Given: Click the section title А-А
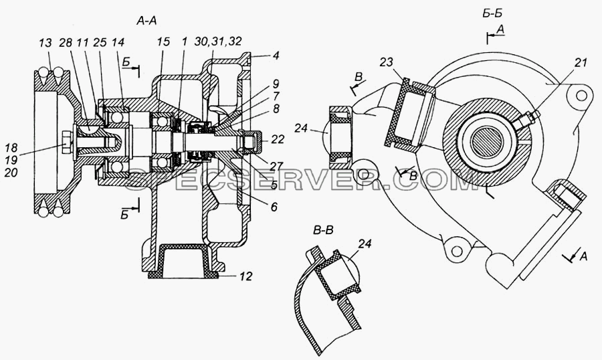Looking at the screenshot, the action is pyautogui.click(x=146, y=21).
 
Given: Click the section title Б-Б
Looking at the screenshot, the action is pyautogui.click(x=492, y=13).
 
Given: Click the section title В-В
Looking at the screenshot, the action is pyautogui.click(x=323, y=231).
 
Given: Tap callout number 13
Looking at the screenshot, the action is pyautogui.click(x=45, y=43).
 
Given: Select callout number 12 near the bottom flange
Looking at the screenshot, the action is pyautogui.click(x=245, y=276).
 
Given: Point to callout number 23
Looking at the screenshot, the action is pyautogui.click(x=388, y=62).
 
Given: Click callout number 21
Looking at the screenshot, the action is pyautogui.click(x=581, y=62).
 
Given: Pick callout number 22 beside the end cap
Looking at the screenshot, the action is pyautogui.click(x=277, y=139).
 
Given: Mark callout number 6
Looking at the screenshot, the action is pyautogui.click(x=274, y=207).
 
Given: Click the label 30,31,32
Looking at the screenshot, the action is pyautogui.click(x=218, y=41).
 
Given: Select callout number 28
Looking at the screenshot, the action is pyautogui.click(x=66, y=43).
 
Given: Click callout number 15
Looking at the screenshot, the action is pyautogui.click(x=163, y=42).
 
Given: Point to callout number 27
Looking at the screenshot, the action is pyautogui.click(x=276, y=165).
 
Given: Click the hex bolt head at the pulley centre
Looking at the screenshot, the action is pyautogui.click(x=67, y=145).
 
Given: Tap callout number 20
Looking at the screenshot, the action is pyautogui.click(x=11, y=173).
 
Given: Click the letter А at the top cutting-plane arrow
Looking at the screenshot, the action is pyautogui.click(x=500, y=29).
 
